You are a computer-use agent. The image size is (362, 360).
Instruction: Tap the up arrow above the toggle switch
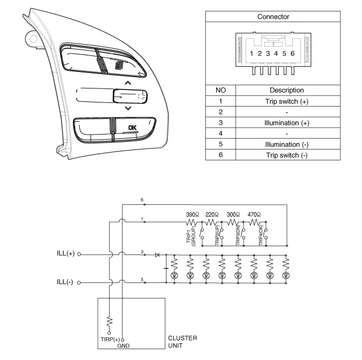pos(128,83)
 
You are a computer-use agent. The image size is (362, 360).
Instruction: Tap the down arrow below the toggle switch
pos(128,108)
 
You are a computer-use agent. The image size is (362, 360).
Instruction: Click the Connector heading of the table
pos(274,17)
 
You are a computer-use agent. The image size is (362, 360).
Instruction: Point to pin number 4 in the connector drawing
pos(276,53)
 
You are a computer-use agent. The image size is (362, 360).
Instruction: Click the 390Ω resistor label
pos(193,214)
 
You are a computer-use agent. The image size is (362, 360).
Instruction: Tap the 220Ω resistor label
pos(213,214)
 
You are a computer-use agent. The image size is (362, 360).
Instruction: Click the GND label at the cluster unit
pos(123,345)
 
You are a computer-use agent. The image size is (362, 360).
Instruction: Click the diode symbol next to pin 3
pos(157,255)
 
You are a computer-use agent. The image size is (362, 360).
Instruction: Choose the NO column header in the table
pos(220,91)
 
